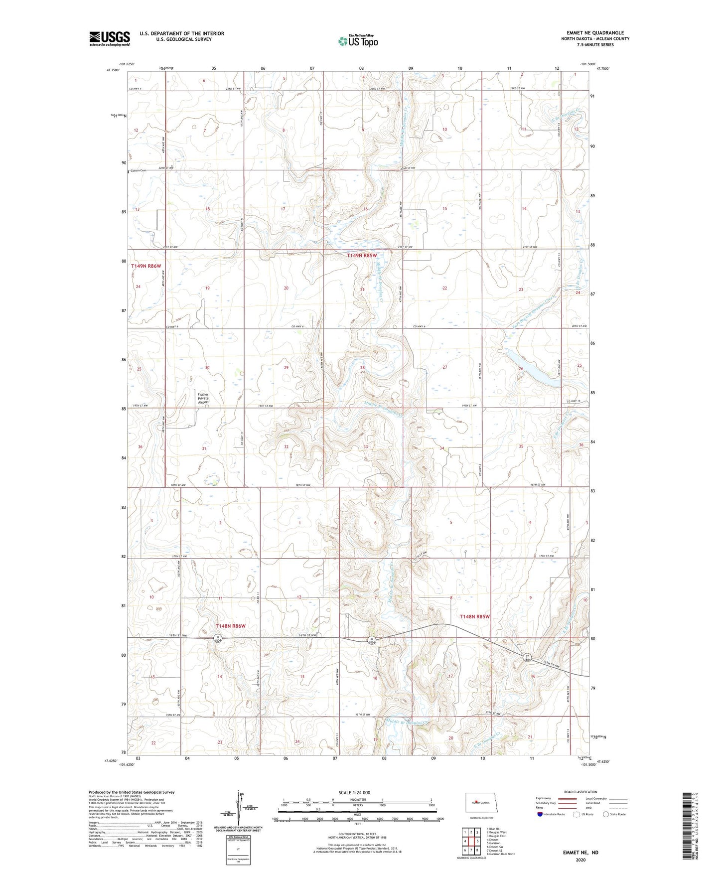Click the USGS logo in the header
[x=110, y=38]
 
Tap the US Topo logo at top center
[x=357, y=41]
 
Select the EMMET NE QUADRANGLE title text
[x=595, y=33]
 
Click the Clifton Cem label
[x=139, y=171]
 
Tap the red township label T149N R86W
[x=146, y=266]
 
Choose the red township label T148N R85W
[x=474, y=616]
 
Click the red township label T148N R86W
[x=231, y=626]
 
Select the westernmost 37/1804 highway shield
[x=218, y=638]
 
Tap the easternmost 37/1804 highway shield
[x=527, y=658]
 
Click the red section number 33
[x=365, y=446]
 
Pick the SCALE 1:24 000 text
[x=354, y=792]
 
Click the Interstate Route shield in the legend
[x=541, y=814]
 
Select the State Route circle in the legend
[x=606, y=814]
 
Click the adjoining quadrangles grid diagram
[x=470, y=842]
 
